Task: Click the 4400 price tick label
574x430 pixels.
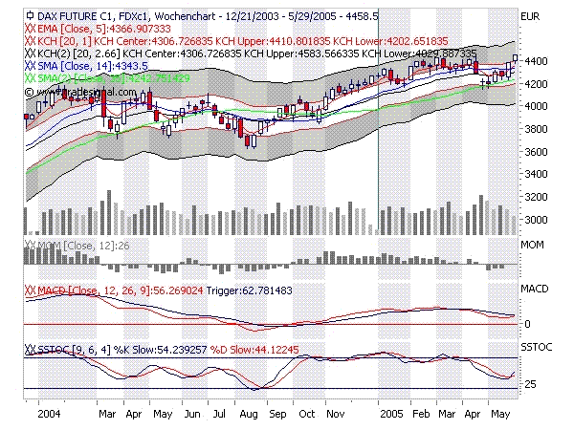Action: point(531,61)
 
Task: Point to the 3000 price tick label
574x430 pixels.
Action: point(531,220)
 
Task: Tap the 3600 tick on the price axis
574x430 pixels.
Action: point(531,152)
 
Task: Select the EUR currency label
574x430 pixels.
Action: point(529,17)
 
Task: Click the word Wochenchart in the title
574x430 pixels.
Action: point(170,16)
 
